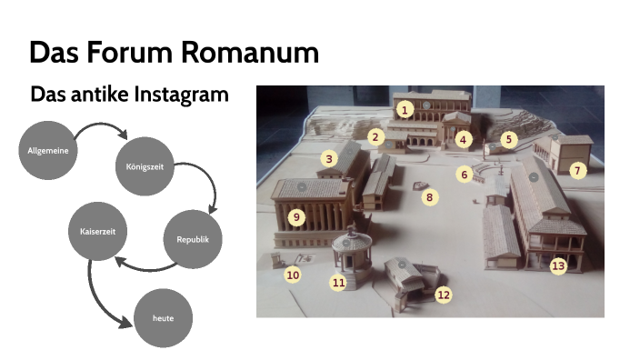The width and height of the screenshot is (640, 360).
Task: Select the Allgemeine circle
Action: tap(45, 148)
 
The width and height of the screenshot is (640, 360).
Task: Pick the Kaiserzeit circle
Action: tap(97, 231)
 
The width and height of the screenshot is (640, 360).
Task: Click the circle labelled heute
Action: tap(164, 318)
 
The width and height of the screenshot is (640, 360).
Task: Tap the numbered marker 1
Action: tap(405, 109)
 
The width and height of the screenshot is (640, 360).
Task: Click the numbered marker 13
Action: tap(557, 265)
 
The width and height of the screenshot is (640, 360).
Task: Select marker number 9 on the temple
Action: tap(295, 217)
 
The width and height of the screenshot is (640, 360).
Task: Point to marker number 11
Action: tap(338, 283)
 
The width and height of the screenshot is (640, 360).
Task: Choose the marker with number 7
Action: tap(576, 170)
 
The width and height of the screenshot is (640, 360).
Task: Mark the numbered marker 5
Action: tap(509, 139)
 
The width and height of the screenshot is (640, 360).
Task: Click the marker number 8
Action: tap(430, 195)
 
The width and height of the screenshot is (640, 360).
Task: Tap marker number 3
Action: tap(329, 159)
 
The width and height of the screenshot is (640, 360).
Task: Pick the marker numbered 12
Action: tap(443, 295)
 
